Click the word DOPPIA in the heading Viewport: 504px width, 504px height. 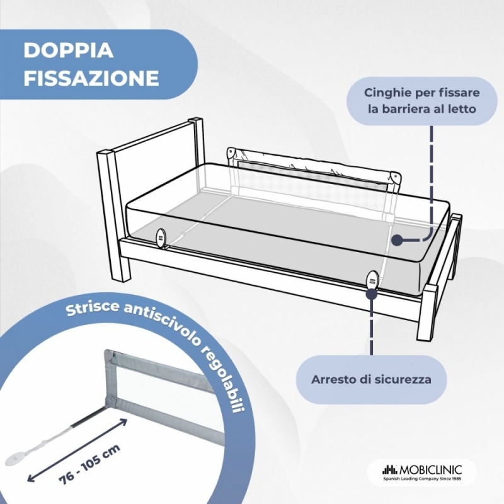(69, 50)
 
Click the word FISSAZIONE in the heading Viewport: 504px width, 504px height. (91, 77)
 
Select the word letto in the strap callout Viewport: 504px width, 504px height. (461, 109)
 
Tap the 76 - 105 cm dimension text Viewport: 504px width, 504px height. (89, 464)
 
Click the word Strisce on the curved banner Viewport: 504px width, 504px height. (93, 309)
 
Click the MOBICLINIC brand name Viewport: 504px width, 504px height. (430, 470)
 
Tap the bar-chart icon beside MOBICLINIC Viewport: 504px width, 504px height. (390, 470)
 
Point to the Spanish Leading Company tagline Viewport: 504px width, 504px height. (422, 479)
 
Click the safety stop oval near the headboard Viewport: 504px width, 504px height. (161, 238)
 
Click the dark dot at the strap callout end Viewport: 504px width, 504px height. (398, 240)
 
